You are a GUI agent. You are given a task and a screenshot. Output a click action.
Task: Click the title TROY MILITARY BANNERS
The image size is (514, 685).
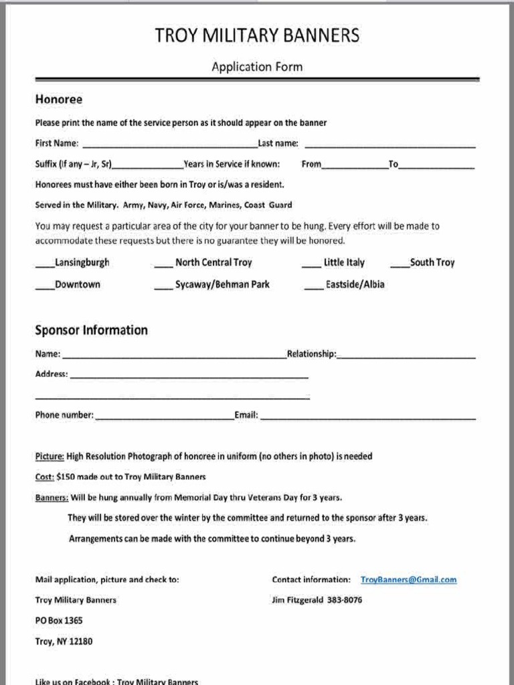tap(257, 36)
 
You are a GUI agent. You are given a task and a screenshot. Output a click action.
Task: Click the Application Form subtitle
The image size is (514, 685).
tap(257, 66)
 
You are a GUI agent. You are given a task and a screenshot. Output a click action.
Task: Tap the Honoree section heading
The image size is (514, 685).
tap(58, 99)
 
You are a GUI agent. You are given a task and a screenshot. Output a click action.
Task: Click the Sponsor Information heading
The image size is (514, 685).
tap(91, 330)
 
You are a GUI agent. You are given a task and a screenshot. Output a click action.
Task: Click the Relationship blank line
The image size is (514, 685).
tap(406, 356)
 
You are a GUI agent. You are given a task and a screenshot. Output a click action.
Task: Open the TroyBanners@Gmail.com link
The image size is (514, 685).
tap(408, 580)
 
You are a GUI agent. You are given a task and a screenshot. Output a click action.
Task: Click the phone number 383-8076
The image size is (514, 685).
tap(345, 600)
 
